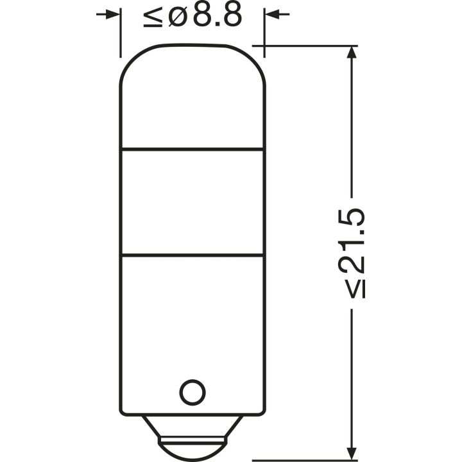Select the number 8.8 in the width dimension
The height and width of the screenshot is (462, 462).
click(217, 15)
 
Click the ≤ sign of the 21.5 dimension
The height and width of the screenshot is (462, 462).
click(357, 287)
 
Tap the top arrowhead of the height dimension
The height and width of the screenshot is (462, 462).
click(350, 55)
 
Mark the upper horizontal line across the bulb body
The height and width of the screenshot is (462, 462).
click(192, 150)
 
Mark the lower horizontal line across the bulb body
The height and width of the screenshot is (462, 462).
click(192, 255)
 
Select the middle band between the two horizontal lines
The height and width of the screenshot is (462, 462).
click(192, 202)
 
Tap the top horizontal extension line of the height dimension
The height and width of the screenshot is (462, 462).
click(308, 46)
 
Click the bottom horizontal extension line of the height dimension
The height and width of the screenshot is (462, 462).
click(308, 459)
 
